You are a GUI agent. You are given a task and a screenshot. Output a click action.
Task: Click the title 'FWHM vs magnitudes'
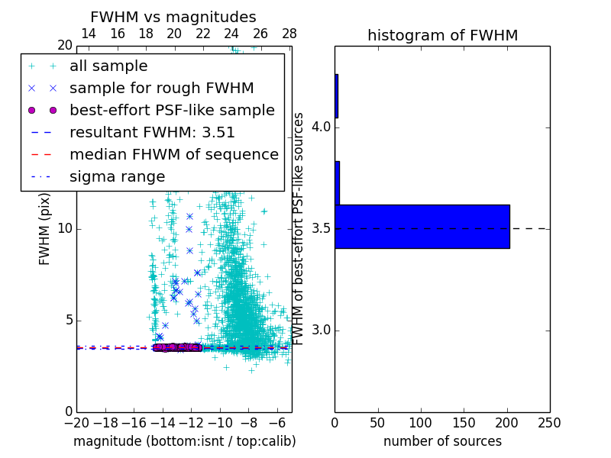tap(173, 17)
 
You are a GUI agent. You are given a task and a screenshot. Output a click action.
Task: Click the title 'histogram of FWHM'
tap(442, 35)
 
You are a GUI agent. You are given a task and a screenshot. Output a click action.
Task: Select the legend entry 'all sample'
tap(108, 66)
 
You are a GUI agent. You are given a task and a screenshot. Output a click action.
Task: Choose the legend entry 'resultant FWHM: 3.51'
tap(152, 133)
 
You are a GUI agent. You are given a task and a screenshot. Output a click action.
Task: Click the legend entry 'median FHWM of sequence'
tap(173, 155)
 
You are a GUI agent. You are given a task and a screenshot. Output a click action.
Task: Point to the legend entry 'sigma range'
tap(117, 177)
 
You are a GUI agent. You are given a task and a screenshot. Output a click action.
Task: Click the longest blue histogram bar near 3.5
tap(422, 227)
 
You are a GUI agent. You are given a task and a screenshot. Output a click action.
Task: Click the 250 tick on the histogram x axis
tap(550, 423)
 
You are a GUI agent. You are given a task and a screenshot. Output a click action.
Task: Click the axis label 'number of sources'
tap(442, 441)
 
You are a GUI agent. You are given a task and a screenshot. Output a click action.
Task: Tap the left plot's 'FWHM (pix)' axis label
tap(45, 229)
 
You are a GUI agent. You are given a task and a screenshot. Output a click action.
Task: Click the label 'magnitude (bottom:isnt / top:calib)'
tap(184, 441)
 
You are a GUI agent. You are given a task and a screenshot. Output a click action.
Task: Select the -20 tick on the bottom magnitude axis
tap(76, 423)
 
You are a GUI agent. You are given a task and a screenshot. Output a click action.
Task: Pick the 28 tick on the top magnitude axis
tap(289, 34)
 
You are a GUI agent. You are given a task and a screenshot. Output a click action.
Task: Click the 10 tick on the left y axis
tap(65, 229)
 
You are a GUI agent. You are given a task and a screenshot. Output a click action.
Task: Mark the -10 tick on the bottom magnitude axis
tap(220, 423)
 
